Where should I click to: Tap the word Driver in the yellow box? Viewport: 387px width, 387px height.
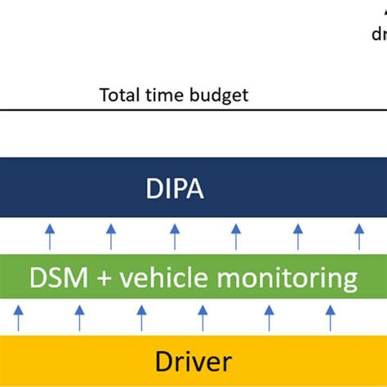tap(193, 362)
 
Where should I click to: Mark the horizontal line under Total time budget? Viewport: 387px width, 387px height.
tap(193, 109)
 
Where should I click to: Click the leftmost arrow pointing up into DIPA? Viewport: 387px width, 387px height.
tap(48, 237)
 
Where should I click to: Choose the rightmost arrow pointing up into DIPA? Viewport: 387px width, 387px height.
tap(358, 237)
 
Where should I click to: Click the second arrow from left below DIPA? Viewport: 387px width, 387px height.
tap(110, 237)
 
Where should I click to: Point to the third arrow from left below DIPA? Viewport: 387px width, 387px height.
tap(174, 237)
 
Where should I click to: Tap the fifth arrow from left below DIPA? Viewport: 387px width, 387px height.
tap(297, 237)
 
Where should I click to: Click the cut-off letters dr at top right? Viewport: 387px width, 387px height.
tap(379, 35)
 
